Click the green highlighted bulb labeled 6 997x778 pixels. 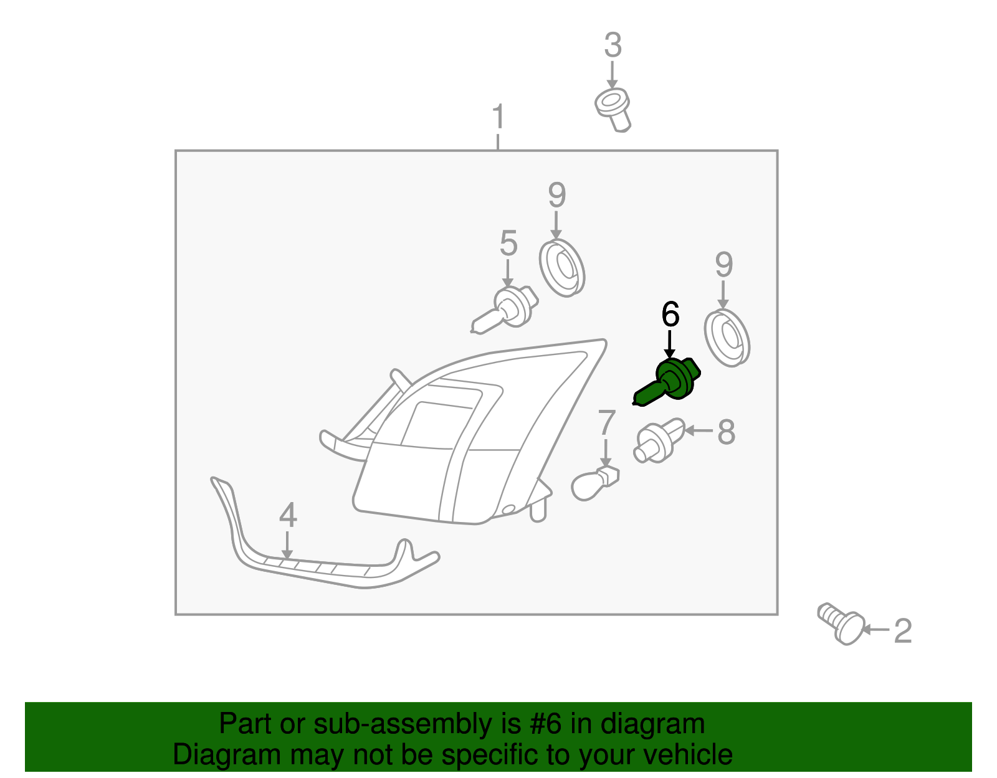click(668, 381)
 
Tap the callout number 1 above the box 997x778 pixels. click(499, 116)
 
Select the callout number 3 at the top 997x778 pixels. click(613, 45)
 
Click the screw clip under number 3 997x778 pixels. click(613, 110)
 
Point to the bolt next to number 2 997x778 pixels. click(841, 623)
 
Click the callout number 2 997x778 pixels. click(903, 631)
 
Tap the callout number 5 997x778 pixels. click(508, 243)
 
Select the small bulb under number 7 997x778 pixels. click(595, 483)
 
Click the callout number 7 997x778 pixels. click(606, 422)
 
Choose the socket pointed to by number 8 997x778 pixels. click(659, 440)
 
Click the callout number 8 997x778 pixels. click(727, 432)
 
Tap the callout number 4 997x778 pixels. click(288, 515)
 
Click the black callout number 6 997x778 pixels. click(670, 315)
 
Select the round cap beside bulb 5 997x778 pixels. click(562, 268)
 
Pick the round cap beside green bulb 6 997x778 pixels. click(727, 338)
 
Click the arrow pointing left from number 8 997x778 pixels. click(699, 430)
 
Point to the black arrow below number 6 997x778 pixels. click(670, 344)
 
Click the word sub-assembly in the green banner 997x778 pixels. click(417, 723)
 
